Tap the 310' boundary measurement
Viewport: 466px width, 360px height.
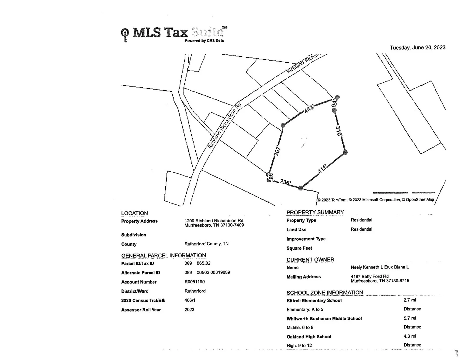[x=339, y=131]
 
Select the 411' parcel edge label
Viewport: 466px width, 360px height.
[x=322, y=169]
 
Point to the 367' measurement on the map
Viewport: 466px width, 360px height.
[x=277, y=151]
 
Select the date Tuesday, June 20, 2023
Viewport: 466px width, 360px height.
[x=417, y=48]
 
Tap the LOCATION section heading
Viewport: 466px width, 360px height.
[x=134, y=213]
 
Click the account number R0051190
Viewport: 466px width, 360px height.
[x=194, y=281]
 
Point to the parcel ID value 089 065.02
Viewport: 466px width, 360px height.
[x=197, y=263]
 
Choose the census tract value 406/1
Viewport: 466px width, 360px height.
[x=190, y=300]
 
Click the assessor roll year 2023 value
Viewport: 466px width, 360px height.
[x=189, y=310]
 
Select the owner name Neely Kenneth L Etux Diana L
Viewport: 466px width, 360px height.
[x=380, y=267]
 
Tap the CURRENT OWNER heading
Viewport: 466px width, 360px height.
[x=310, y=260]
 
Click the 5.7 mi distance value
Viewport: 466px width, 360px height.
[x=410, y=318]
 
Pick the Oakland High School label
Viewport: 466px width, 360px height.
[x=309, y=337]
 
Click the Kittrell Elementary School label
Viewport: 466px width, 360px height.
[x=314, y=300]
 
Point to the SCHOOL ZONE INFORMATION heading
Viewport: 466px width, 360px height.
[x=325, y=293]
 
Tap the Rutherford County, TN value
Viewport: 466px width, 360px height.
[x=206, y=244]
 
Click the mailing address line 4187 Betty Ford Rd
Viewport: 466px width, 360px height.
[x=370, y=276]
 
